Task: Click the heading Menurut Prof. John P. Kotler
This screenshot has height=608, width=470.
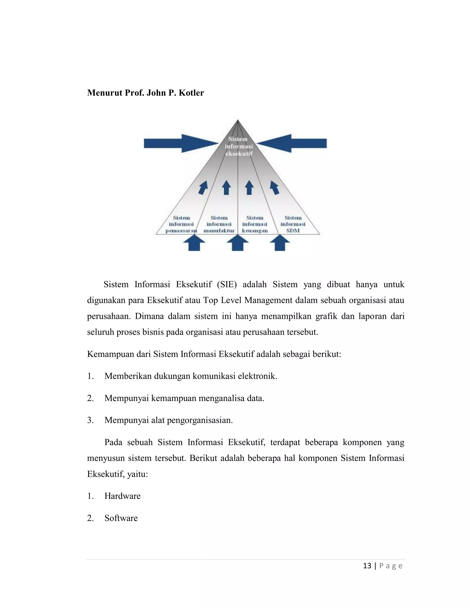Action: click(145, 93)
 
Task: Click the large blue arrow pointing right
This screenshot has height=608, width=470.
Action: click(178, 143)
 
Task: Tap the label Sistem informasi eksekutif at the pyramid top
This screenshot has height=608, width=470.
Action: click(239, 146)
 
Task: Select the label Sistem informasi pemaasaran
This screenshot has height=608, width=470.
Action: click(181, 224)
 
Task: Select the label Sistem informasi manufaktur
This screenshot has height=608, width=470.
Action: click(219, 224)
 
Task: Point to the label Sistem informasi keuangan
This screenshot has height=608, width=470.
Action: click(255, 224)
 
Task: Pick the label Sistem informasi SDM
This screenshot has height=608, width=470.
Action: click(293, 224)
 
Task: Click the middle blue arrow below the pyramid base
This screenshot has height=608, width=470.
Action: click(237, 243)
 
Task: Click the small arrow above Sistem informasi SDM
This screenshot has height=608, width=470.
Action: click(274, 188)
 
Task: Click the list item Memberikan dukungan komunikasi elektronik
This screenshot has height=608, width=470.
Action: click(191, 376)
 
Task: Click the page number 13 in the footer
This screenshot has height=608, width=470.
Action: click(367, 566)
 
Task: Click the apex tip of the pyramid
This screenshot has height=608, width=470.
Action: click(238, 120)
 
